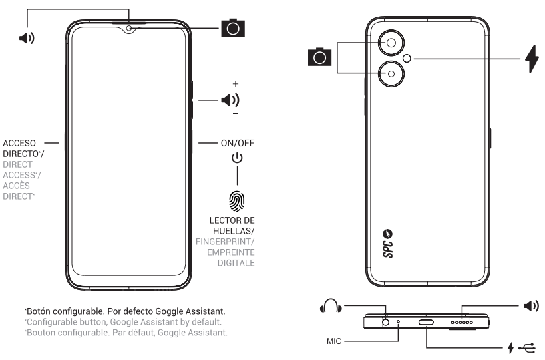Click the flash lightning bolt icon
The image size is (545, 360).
click(x=532, y=59)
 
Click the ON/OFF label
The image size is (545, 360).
click(x=237, y=142)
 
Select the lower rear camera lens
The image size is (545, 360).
click(x=390, y=73)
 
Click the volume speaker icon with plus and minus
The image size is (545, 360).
click(x=230, y=100)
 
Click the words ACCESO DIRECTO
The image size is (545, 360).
click(x=23, y=148)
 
